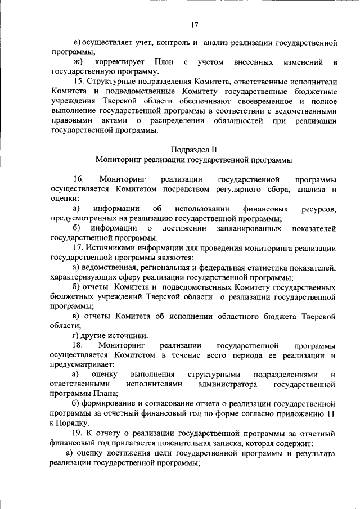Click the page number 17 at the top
click(x=195, y=24)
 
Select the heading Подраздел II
click(x=193, y=150)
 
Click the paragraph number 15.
click(x=78, y=82)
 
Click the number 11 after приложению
click(x=331, y=413)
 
